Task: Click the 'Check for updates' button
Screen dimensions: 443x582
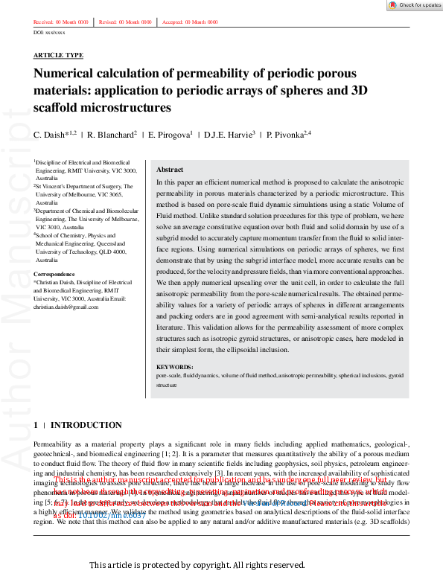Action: point(415,5)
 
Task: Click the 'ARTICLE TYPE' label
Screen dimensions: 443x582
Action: point(58,56)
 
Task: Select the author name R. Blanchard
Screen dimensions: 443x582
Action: point(102,135)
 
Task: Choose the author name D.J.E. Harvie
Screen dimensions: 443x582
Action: point(211,135)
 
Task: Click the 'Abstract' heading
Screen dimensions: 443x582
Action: point(169,170)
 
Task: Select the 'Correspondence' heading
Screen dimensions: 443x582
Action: point(55,275)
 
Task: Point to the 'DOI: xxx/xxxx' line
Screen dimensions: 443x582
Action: point(49,33)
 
